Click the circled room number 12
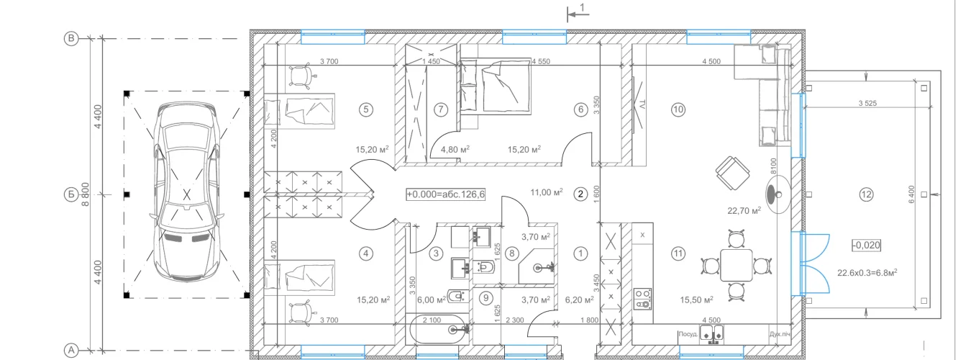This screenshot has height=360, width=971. point(866,194)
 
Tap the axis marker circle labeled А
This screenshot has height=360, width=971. point(70,350)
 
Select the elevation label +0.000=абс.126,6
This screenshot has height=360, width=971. point(446,194)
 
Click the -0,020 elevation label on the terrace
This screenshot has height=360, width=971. point(866,245)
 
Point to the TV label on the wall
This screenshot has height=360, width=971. point(642,104)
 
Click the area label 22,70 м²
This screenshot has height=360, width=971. point(744,211)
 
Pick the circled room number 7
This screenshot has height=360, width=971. point(441,109)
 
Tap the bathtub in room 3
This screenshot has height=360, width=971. point(439,330)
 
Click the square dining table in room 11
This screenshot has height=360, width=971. point(736,265)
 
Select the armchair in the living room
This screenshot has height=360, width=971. point(732,173)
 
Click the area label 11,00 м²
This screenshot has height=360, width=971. point(547,192)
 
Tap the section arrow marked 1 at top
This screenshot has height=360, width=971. point(578,14)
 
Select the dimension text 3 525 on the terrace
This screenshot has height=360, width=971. point(867,103)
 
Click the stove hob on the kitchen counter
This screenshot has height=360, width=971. point(642,298)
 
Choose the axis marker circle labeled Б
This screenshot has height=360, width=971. point(70,194)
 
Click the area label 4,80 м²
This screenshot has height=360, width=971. point(455,150)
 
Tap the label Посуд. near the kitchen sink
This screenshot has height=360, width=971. point(688,334)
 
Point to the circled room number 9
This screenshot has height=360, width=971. point(486,298)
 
